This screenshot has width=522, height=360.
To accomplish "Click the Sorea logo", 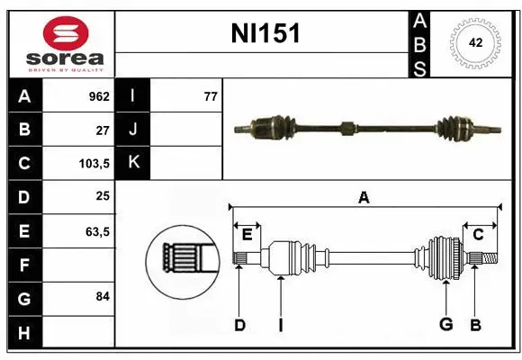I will pyautogui.click(x=62, y=43).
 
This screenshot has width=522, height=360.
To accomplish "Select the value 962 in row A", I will pyautogui.click(x=99, y=96).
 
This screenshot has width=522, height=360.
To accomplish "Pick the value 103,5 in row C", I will pyautogui.click(x=94, y=164).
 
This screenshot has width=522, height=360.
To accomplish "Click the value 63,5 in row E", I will pyautogui.click(x=97, y=231).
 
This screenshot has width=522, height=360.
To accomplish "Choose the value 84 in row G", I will pyautogui.click(x=103, y=296).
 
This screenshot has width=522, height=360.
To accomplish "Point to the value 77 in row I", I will pyautogui.click(x=211, y=96).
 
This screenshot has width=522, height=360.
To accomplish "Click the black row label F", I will pyautogui.click(x=24, y=265).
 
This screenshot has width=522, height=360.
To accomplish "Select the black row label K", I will pyautogui.click(x=133, y=163).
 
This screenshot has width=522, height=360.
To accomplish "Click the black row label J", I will pyautogui.click(x=133, y=130).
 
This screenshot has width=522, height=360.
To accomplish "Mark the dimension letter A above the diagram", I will pyautogui.click(x=364, y=197).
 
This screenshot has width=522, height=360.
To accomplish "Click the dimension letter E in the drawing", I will pyautogui.click(x=247, y=234).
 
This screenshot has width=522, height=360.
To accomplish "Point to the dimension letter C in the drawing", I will pyautogui.click(x=479, y=234).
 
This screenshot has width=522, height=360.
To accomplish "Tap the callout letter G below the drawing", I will pyautogui.click(x=445, y=325).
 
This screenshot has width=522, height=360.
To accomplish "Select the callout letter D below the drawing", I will pyautogui.click(x=239, y=325).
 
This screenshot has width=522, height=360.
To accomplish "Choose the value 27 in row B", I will pyautogui.click(x=103, y=130).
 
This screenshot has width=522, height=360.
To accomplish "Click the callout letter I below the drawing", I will pyautogui.click(x=281, y=325).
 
